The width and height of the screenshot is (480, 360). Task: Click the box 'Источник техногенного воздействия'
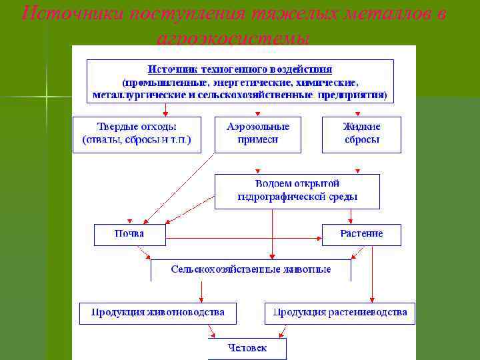[240, 81]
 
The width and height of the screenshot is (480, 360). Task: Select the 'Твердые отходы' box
[136, 135]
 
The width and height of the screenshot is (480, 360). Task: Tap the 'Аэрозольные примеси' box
[257, 135]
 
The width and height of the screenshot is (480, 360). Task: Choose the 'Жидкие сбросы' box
[361, 135]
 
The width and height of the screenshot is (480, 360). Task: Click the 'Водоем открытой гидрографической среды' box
[297, 191]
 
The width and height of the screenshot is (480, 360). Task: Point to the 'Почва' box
[129, 235]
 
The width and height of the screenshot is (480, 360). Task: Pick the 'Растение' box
[361, 235]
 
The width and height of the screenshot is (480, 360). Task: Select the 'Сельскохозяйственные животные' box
[251, 270]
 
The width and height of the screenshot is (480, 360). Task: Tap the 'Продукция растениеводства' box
[339, 313]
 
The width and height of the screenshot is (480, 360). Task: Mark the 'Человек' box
[247, 348]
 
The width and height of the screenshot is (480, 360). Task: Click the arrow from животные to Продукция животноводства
[201, 292]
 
